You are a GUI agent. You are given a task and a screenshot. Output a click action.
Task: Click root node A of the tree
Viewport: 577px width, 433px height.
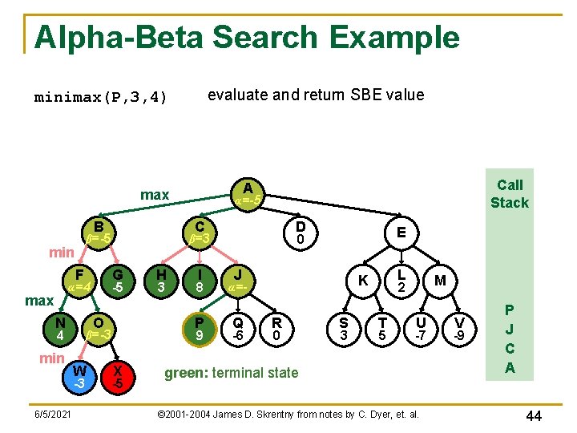pos(247,192)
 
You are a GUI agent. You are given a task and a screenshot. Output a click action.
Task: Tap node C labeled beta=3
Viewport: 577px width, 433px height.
pos(200,232)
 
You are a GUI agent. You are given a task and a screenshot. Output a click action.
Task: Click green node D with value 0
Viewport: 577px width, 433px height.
pos(299,233)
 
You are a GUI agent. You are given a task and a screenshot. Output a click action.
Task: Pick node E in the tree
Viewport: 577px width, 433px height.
pos(400,233)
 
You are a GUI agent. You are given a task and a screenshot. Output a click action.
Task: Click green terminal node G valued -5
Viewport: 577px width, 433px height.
pos(118,280)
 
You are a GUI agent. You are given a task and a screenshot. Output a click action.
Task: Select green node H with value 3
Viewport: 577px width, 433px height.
pos(161,280)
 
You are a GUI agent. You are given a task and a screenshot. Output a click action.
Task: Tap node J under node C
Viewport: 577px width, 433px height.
pos(238,280)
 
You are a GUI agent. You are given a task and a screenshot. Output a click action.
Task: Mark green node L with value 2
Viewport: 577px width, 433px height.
pos(402,280)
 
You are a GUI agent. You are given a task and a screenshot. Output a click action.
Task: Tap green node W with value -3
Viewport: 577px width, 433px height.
pos(79,376)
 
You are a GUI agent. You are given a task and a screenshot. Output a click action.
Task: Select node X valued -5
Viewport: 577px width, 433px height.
pos(118,376)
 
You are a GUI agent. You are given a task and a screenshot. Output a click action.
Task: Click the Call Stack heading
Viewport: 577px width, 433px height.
pos(510,193)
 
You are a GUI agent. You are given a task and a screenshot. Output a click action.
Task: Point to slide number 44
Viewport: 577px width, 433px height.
pos(535,415)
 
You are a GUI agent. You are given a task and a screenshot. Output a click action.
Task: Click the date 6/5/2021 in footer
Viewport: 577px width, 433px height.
pos(51,415)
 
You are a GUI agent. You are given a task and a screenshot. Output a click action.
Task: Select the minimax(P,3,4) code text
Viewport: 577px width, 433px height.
pos(100,98)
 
